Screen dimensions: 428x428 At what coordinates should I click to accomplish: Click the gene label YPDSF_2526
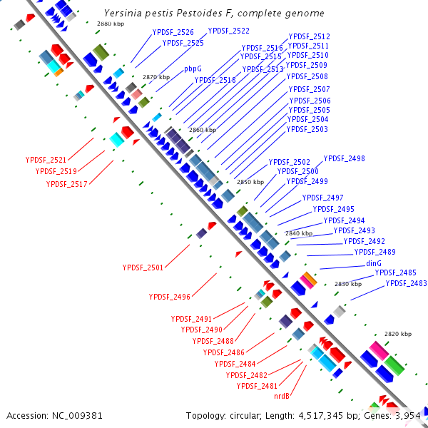pyautogui.click(x=173, y=32)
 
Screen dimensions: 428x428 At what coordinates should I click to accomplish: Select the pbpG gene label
pyautogui.click(x=193, y=69)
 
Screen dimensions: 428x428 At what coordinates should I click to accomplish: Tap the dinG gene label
pyautogui.click(x=374, y=263)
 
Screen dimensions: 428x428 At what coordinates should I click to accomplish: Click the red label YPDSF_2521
pyautogui.click(x=46, y=160)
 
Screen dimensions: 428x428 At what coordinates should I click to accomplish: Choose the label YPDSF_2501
pyautogui.click(x=143, y=267)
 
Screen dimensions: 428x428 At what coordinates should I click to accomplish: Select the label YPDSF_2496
pyautogui.click(x=169, y=297)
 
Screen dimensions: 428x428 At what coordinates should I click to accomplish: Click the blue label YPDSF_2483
pyautogui.click(x=406, y=283)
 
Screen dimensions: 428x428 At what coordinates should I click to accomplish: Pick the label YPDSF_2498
pyautogui.click(x=344, y=158)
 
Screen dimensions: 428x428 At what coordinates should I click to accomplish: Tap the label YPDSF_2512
pyautogui.click(x=309, y=36)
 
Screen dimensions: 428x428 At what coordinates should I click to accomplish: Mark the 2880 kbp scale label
pyautogui.click(x=110, y=24)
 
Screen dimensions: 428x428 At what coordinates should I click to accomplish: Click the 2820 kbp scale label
pyautogui.click(x=398, y=334)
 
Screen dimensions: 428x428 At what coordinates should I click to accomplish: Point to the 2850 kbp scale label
pyautogui.click(x=250, y=182)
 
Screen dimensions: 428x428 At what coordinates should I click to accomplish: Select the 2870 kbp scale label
pyautogui.click(x=156, y=77)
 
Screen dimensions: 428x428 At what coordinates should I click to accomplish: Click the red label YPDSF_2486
pyautogui.click(x=223, y=352)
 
